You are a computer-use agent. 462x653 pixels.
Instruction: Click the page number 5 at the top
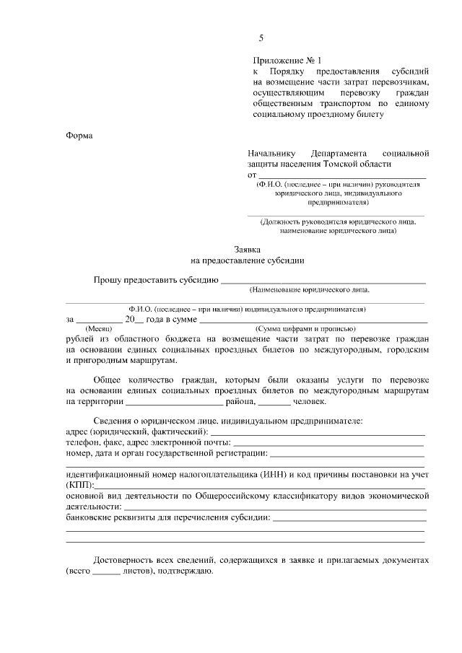[x=261, y=38]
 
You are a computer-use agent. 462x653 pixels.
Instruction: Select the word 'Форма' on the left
[x=79, y=134]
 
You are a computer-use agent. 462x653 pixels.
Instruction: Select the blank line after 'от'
[x=342, y=175]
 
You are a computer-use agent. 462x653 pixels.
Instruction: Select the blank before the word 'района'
[x=173, y=403]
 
